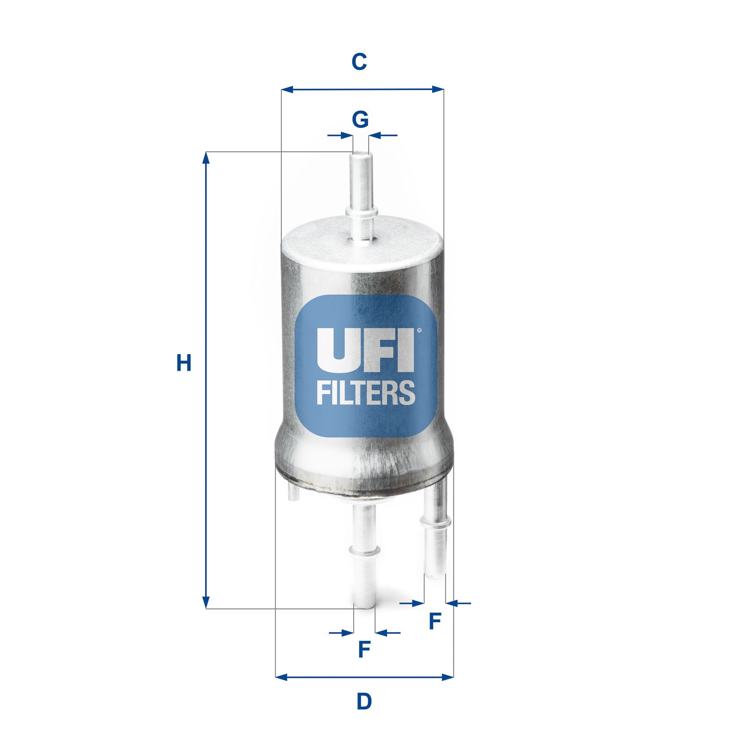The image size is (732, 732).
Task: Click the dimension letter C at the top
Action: pyautogui.click(x=359, y=62)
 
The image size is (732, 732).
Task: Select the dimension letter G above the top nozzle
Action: pyautogui.click(x=360, y=120)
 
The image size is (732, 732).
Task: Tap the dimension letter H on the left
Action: pyautogui.click(x=184, y=363)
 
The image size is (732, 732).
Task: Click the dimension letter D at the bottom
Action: pyautogui.click(x=364, y=701)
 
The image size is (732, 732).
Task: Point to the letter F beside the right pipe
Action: pyautogui.click(x=435, y=621)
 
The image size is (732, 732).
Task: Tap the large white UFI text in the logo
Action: pyautogui.click(x=365, y=350)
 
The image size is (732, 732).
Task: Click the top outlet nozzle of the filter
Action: pyautogui.click(x=361, y=192)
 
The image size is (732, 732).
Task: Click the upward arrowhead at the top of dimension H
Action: pyautogui.click(x=206, y=158)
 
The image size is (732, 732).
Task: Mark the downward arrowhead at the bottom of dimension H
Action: pyautogui.click(x=206, y=603)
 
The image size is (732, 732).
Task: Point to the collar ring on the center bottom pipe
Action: pyautogui.click(x=364, y=549)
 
